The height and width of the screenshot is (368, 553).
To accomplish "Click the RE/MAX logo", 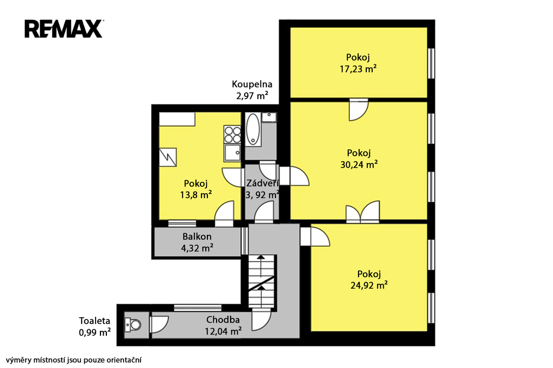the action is (x=64, y=29).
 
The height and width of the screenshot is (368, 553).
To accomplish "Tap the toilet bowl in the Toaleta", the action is (x=133, y=324).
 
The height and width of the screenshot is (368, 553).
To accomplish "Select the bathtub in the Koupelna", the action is (x=253, y=129).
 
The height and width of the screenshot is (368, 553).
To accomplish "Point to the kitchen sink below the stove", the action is (x=233, y=152).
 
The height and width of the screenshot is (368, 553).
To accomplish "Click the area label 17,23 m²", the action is (x=358, y=69).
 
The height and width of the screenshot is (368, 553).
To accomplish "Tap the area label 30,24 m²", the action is (x=359, y=164).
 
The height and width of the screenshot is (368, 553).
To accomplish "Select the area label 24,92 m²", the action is (x=369, y=285).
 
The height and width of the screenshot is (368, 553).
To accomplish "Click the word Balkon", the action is (x=197, y=236).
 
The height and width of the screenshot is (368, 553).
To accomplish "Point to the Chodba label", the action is (x=223, y=320).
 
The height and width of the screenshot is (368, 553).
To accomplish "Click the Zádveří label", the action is (x=262, y=183).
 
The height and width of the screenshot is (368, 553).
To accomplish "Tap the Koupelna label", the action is (x=252, y=84).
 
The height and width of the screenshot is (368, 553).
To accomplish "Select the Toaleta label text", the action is (x=95, y=321).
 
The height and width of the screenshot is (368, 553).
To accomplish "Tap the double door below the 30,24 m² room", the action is (x=362, y=212).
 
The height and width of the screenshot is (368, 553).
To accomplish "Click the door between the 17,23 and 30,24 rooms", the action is (x=359, y=110).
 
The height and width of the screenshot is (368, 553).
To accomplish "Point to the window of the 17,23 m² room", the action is (x=430, y=64).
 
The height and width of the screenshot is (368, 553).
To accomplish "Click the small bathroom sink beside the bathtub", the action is (x=269, y=117).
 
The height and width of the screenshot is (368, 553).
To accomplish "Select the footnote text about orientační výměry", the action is (x=73, y=360).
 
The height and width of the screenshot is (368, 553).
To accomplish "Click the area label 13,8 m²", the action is (x=195, y=195).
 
